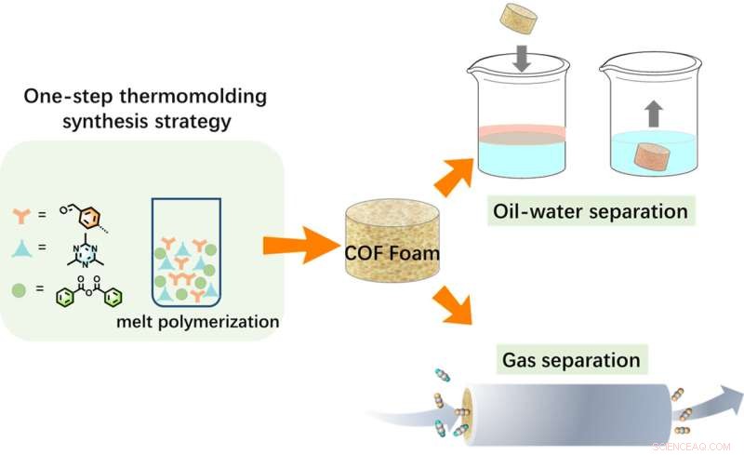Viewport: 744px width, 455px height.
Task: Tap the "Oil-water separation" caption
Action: (590, 212)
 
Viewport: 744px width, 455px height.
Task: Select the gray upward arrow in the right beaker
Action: (651, 114)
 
